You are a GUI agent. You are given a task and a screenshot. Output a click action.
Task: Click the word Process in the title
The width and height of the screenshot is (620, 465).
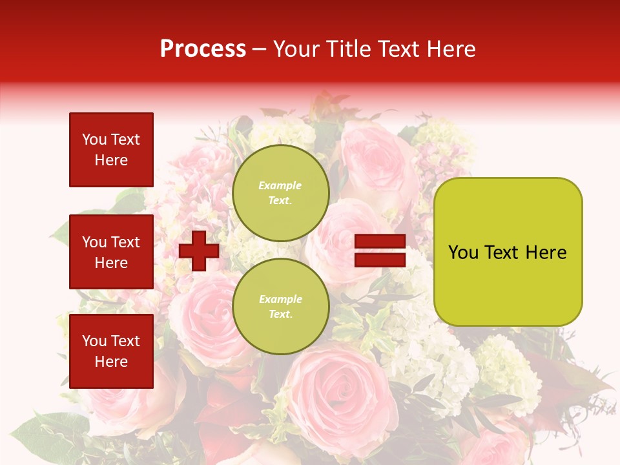point(203,49)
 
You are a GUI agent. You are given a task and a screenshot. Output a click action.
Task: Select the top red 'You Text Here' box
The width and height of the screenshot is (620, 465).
point(111,150)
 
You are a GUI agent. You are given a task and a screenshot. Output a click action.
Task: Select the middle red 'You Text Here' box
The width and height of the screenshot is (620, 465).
point(111,252)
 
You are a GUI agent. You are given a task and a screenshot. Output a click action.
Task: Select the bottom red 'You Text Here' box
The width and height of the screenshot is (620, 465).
point(111,351)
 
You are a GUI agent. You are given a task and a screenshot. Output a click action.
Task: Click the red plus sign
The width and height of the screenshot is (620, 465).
point(199,251)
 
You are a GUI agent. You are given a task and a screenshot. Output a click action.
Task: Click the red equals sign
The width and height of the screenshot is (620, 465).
point(380,251)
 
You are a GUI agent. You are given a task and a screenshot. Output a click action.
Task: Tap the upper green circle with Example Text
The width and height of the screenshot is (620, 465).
point(280,192)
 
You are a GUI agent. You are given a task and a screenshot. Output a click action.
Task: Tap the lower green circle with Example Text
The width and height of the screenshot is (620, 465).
point(280,306)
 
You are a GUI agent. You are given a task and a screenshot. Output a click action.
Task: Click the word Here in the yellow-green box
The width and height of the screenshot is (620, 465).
point(546,253)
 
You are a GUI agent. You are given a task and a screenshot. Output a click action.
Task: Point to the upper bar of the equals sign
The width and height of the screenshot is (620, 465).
point(380,242)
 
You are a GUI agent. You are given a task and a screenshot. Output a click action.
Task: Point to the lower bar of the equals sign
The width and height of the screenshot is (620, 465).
point(380,260)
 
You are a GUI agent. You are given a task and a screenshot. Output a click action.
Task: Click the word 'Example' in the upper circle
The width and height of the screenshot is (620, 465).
point(280,185)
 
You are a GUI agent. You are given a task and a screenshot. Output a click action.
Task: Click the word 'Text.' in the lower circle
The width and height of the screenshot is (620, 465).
point(280,315)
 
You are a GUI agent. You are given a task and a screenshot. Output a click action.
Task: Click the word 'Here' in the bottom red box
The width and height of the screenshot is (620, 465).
point(111,362)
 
